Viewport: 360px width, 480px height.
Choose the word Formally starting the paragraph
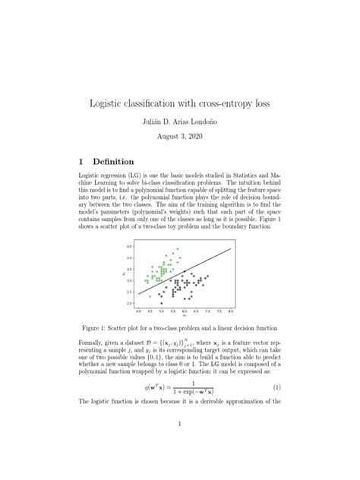tap(96, 344)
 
